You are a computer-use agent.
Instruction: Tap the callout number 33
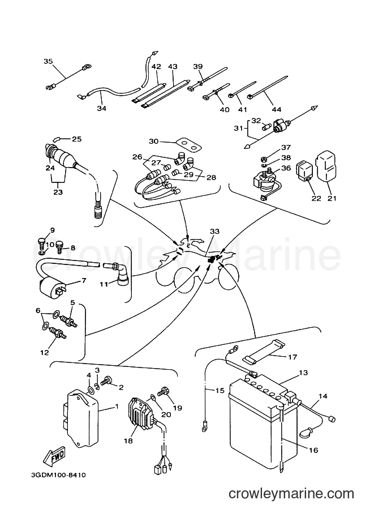point(214,232)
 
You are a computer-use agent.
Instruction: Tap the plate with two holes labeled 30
point(188,144)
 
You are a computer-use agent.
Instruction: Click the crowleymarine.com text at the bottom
point(291,494)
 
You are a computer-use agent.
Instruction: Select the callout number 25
point(76,139)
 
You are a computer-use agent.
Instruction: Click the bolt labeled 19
point(164,391)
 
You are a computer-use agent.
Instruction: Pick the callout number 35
point(48,61)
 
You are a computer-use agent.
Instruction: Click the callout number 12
point(45,352)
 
